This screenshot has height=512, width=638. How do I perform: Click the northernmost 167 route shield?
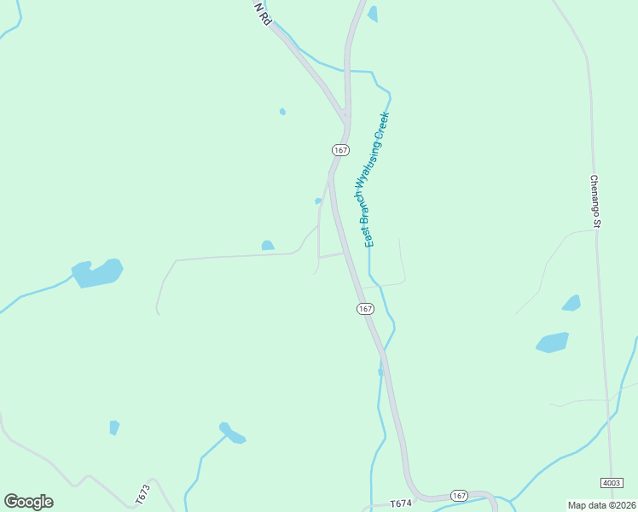coord(340,149)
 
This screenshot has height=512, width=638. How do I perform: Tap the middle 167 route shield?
coord(365,308)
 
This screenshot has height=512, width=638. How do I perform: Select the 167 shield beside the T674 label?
coord(459,496)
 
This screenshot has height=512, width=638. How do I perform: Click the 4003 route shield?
coord(612,482)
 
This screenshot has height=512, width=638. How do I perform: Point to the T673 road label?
coord(142,494)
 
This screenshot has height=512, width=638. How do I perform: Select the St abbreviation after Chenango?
coord(598,224)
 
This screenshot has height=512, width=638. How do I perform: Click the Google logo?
coord(28,502)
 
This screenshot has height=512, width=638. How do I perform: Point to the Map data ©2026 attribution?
coord(601,505)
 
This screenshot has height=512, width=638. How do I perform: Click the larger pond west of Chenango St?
coord(553,342)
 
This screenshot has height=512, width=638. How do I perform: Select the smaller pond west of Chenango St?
coord(571,303)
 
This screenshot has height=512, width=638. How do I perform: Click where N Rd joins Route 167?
coord(343,117)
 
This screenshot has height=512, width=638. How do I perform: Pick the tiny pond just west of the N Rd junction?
coord(282,111)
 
